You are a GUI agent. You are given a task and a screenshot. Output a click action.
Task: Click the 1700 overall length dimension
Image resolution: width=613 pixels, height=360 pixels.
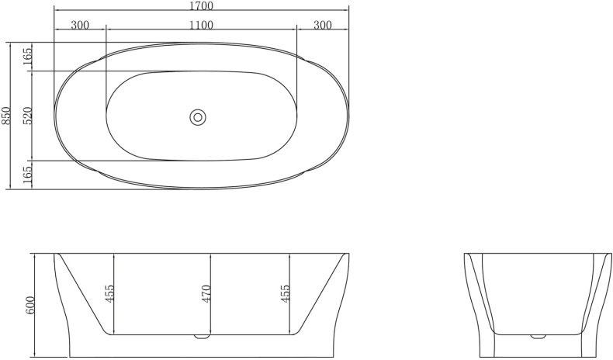(201, 6)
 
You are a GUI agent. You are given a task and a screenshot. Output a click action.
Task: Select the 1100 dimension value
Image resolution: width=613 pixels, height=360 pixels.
(201, 25)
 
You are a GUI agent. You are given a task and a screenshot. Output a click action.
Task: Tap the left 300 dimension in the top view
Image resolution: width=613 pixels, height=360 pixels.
(79, 25)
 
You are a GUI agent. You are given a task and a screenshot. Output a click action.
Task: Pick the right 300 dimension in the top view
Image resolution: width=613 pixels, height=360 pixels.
(323, 25)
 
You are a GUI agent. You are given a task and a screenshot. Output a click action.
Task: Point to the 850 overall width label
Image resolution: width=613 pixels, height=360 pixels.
(7, 116)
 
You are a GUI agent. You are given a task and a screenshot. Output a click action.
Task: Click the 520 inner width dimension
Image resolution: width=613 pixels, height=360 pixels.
(28, 116)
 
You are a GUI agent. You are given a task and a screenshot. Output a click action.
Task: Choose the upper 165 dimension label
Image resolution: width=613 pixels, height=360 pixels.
(28, 57)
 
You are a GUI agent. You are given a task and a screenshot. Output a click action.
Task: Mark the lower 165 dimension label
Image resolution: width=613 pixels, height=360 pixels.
(28, 175)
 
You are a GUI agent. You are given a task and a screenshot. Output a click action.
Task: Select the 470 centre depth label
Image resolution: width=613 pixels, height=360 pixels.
(207, 295)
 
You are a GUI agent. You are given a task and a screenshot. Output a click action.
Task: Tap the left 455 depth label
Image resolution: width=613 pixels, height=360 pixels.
(110, 295)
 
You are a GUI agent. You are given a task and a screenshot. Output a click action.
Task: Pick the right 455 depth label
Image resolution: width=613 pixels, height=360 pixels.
(286, 295)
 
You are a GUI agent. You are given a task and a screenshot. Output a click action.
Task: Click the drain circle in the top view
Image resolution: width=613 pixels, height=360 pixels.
(198, 117)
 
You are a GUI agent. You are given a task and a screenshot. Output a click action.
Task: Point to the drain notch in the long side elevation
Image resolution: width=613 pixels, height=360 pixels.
(202, 338)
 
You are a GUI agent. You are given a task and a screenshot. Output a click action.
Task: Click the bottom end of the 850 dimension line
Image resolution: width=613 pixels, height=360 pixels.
(10, 189)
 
